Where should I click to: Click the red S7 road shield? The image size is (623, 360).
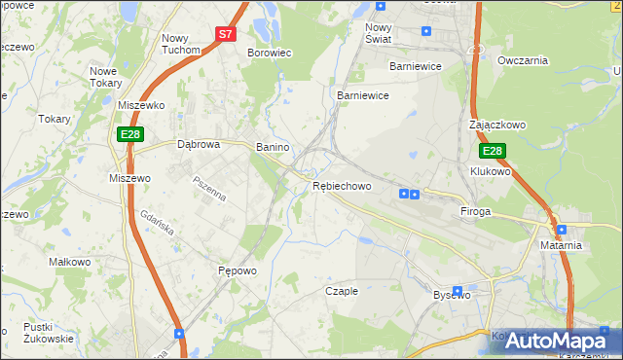tap(226, 33)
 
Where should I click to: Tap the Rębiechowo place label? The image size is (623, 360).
tap(342, 186)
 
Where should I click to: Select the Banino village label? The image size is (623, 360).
tap(273, 147)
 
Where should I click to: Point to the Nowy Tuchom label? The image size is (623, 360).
tap(180, 43)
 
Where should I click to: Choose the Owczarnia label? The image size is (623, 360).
tap(523, 60)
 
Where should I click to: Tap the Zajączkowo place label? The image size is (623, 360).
tap(496, 126)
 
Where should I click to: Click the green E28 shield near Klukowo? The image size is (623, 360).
tap(493, 151)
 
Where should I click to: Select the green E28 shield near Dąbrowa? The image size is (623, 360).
tap(130, 133)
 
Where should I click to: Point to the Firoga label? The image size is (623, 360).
tap(475, 210)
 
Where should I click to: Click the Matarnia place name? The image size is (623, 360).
tap(561, 245)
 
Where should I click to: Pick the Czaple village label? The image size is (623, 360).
tap(342, 291)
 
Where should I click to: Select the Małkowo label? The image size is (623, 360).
tap(70, 262)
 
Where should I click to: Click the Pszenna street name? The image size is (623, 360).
tap(209, 189)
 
